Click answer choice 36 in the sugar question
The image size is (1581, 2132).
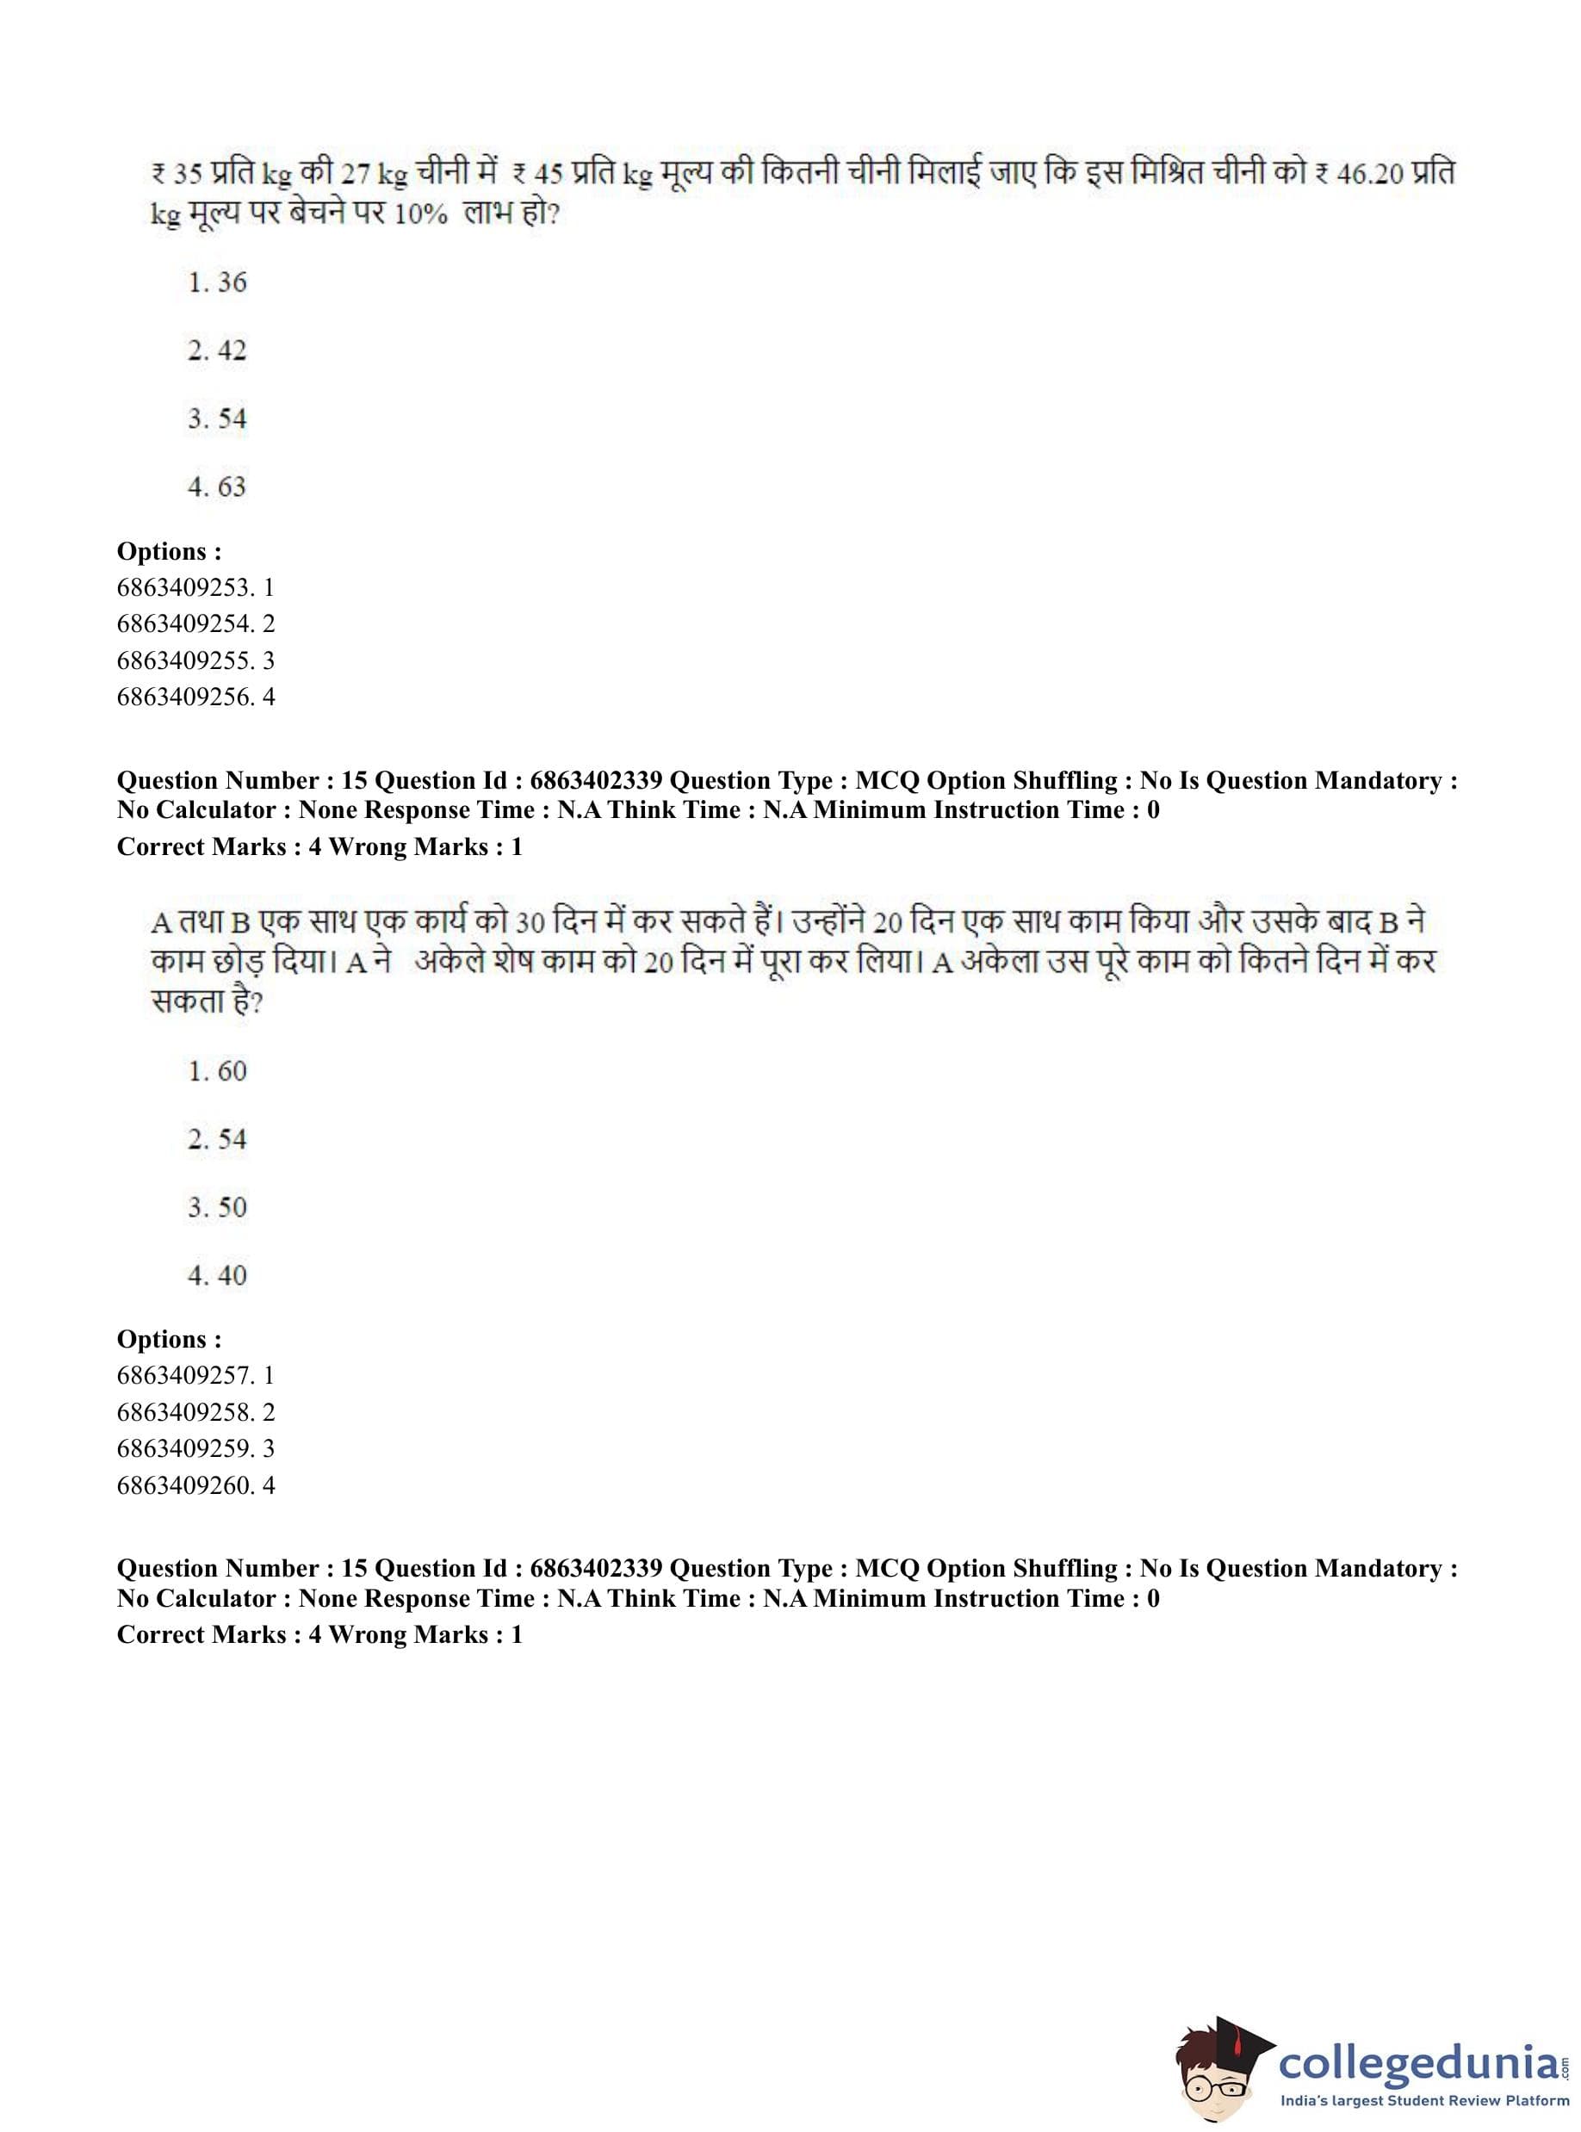pyautogui.click(x=217, y=282)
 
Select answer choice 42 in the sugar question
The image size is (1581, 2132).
pyautogui.click(x=217, y=350)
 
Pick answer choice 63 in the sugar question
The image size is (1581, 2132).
pyautogui.click(x=217, y=487)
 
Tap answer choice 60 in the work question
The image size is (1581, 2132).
pyautogui.click(x=217, y=1071)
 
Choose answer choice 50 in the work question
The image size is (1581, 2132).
pyautogui.click(x=217, y=1206)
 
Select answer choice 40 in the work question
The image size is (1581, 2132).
pyautogui.click(x=217, y=1275)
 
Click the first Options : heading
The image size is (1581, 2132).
pyautogui.click(x=170, y=551)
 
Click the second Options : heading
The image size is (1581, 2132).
pyautogui.click(x=170, y=1339)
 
